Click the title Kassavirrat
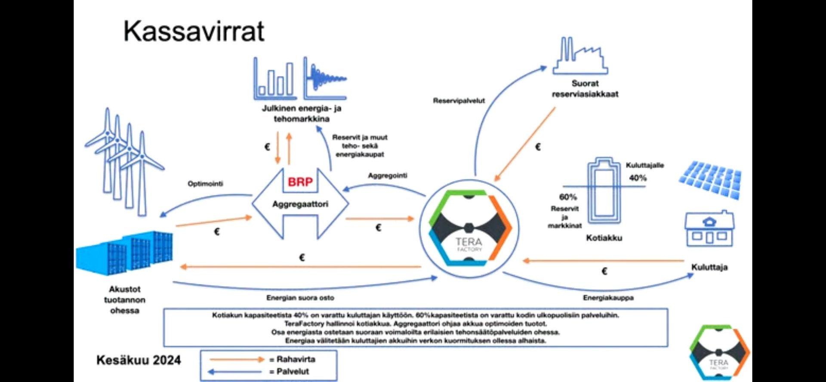click(x=194, y=31)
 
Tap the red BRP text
click(x=300, y=182)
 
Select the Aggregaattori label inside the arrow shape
click(x=300, y=204)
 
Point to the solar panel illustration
click(x=710, y=179)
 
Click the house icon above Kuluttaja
click(x=709, y=230)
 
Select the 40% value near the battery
click(x=638, y=178)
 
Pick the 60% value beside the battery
click(x=568, y=197)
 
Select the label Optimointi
click(x=205, y=184)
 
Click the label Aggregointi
click(x=387, y=176)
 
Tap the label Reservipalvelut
click(x=459, y=101)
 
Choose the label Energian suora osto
click(x=300, y=298)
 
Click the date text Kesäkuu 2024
click(x=139, y=360)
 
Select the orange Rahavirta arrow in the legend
click(x=237, y=359)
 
